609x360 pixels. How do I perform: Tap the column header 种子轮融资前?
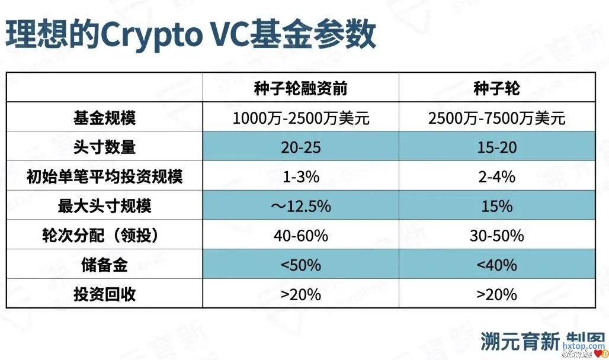tap(301, 89)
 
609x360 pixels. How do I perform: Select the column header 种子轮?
tap(497, 89)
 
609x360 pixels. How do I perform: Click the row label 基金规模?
tap(104, 118)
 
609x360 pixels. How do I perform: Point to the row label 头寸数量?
tap(104, 147)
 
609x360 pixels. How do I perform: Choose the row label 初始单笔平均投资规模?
tap(104, 176)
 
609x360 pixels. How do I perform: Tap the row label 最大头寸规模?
tap(104, 206)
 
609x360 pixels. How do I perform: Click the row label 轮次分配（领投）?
tap(104, 236)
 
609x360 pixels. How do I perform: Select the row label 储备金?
tap(104, 265)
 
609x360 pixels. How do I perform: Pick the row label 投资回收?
tap(104, 294)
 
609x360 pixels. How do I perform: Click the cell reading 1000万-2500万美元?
tap(301, 118)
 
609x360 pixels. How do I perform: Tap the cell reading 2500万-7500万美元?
tap(497, 118)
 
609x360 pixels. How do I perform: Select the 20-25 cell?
tap(301, 147)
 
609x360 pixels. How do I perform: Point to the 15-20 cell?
tap(497, 147)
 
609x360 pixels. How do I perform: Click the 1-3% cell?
tap(301, 177)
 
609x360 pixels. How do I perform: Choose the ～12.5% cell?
tap(301, 207)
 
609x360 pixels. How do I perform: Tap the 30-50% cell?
tap(497, 236)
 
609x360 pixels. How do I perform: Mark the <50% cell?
tap(301, 265)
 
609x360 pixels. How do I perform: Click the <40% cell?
tap(497, 265)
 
